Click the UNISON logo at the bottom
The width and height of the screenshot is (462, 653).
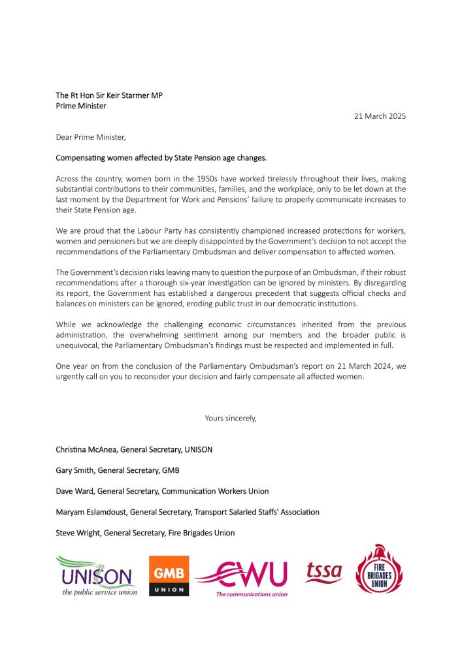95,575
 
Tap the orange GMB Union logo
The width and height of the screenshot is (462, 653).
169,575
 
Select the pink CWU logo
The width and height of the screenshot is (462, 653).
242,577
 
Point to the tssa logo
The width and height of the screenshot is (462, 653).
323,573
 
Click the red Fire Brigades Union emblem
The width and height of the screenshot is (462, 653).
379,569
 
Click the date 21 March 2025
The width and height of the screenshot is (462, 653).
380,116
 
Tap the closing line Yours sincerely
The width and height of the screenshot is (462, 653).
231,418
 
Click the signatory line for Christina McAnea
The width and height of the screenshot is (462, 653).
134,449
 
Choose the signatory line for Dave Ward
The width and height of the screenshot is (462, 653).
162,491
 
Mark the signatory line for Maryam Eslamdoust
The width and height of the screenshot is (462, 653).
188,512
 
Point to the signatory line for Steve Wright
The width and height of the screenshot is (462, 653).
145,533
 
